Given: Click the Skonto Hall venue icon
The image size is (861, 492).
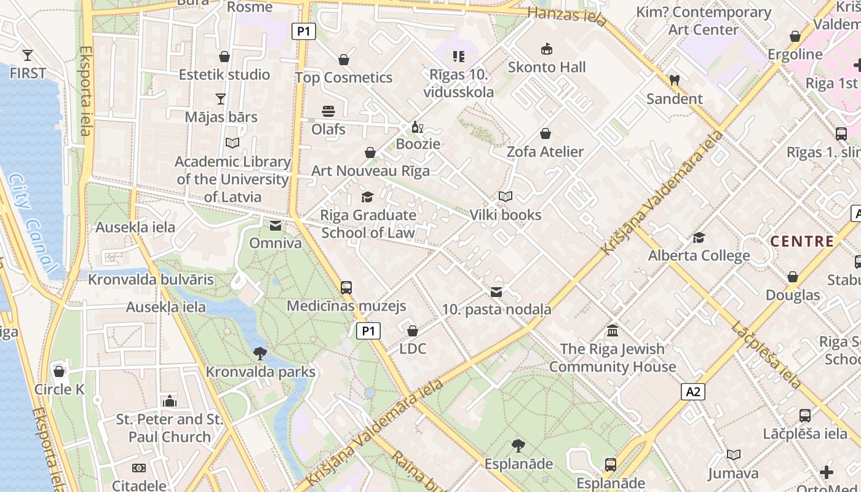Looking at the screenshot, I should [546, 49].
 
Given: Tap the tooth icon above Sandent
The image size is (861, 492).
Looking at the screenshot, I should [674, 80].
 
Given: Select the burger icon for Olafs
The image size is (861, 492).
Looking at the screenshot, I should [328, 111].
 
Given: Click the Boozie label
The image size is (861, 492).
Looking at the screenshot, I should [418, 144].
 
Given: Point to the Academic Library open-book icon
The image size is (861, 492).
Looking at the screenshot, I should [232, 143].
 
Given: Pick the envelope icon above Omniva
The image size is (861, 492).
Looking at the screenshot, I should [276, 226].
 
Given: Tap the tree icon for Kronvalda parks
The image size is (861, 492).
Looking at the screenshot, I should [260, 354].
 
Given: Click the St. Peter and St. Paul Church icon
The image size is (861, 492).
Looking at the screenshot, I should [170, 402].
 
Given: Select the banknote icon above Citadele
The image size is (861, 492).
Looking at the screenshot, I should [139, 468].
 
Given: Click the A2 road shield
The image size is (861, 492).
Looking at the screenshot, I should [693, 392].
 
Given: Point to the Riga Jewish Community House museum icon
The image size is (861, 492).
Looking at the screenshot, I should [613, 331].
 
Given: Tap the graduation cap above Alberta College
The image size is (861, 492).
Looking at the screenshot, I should [699, 237].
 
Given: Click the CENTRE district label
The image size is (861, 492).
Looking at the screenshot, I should [802, 242].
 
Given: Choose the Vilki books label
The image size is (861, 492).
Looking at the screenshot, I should [505, 215].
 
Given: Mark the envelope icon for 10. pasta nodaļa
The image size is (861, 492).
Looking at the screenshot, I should [496, 292].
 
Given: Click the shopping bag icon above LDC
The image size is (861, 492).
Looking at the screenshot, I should [413, 331].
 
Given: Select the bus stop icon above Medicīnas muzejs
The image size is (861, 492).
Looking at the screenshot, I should [346, 287].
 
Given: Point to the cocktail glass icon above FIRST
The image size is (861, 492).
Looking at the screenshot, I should [27, 55].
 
